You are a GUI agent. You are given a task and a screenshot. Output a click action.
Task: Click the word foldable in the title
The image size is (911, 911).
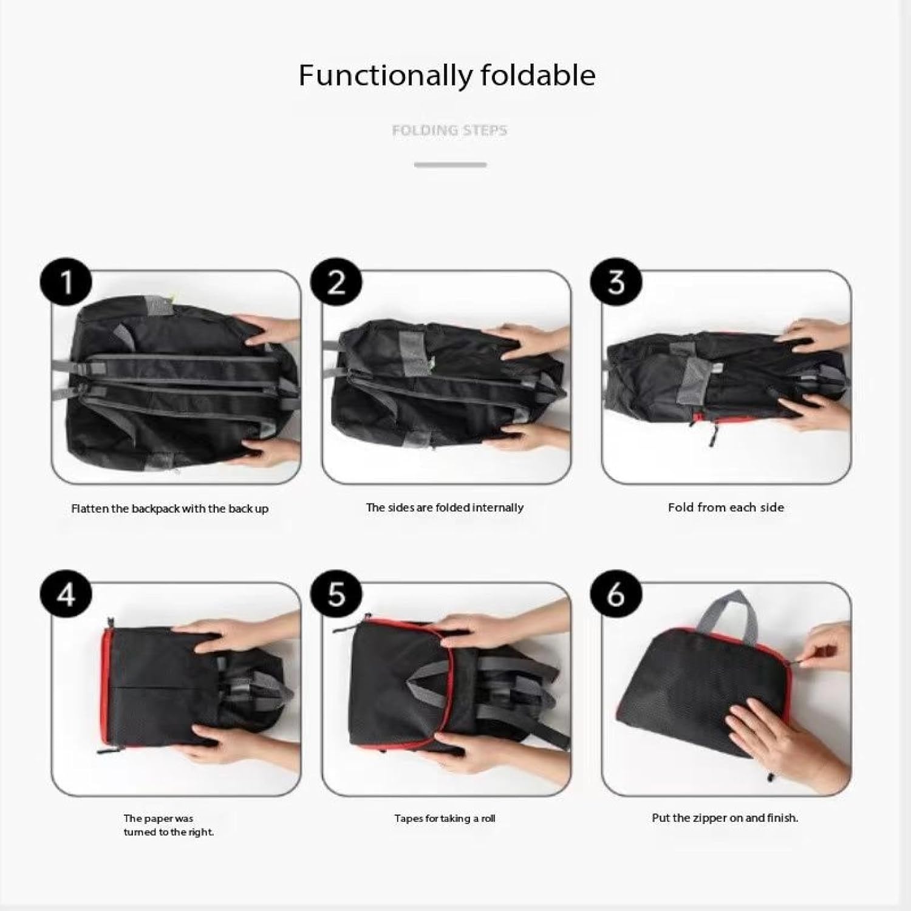(537, 75)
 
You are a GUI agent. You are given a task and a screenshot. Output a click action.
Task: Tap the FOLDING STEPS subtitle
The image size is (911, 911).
(449, 130)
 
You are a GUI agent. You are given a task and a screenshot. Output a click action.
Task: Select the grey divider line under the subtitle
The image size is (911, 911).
(450, 165)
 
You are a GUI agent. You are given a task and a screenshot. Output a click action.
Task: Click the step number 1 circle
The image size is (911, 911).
(66, 283)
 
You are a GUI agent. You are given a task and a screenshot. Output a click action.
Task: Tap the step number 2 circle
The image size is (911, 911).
(336, 283)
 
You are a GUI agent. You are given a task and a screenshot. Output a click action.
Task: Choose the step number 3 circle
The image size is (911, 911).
(616, 283)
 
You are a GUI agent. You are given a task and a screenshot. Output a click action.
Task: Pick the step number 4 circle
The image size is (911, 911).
(66, 595)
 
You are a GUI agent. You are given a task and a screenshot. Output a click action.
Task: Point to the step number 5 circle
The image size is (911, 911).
(336, 595)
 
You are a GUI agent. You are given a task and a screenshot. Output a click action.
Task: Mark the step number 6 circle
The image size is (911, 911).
(616, 595)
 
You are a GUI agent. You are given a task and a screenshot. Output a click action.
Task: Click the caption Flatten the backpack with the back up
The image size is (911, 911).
(170, 509)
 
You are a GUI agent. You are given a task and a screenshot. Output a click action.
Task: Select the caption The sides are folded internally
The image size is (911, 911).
(445, 508)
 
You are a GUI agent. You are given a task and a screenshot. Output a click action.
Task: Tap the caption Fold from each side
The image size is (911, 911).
(726, 508)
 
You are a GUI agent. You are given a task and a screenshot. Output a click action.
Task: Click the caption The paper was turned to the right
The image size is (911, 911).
(169, 825)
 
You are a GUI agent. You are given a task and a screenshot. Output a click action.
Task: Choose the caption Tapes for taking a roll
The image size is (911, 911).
(445, 819)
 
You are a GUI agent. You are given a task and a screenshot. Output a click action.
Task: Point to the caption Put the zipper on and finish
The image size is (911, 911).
(725, 818)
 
